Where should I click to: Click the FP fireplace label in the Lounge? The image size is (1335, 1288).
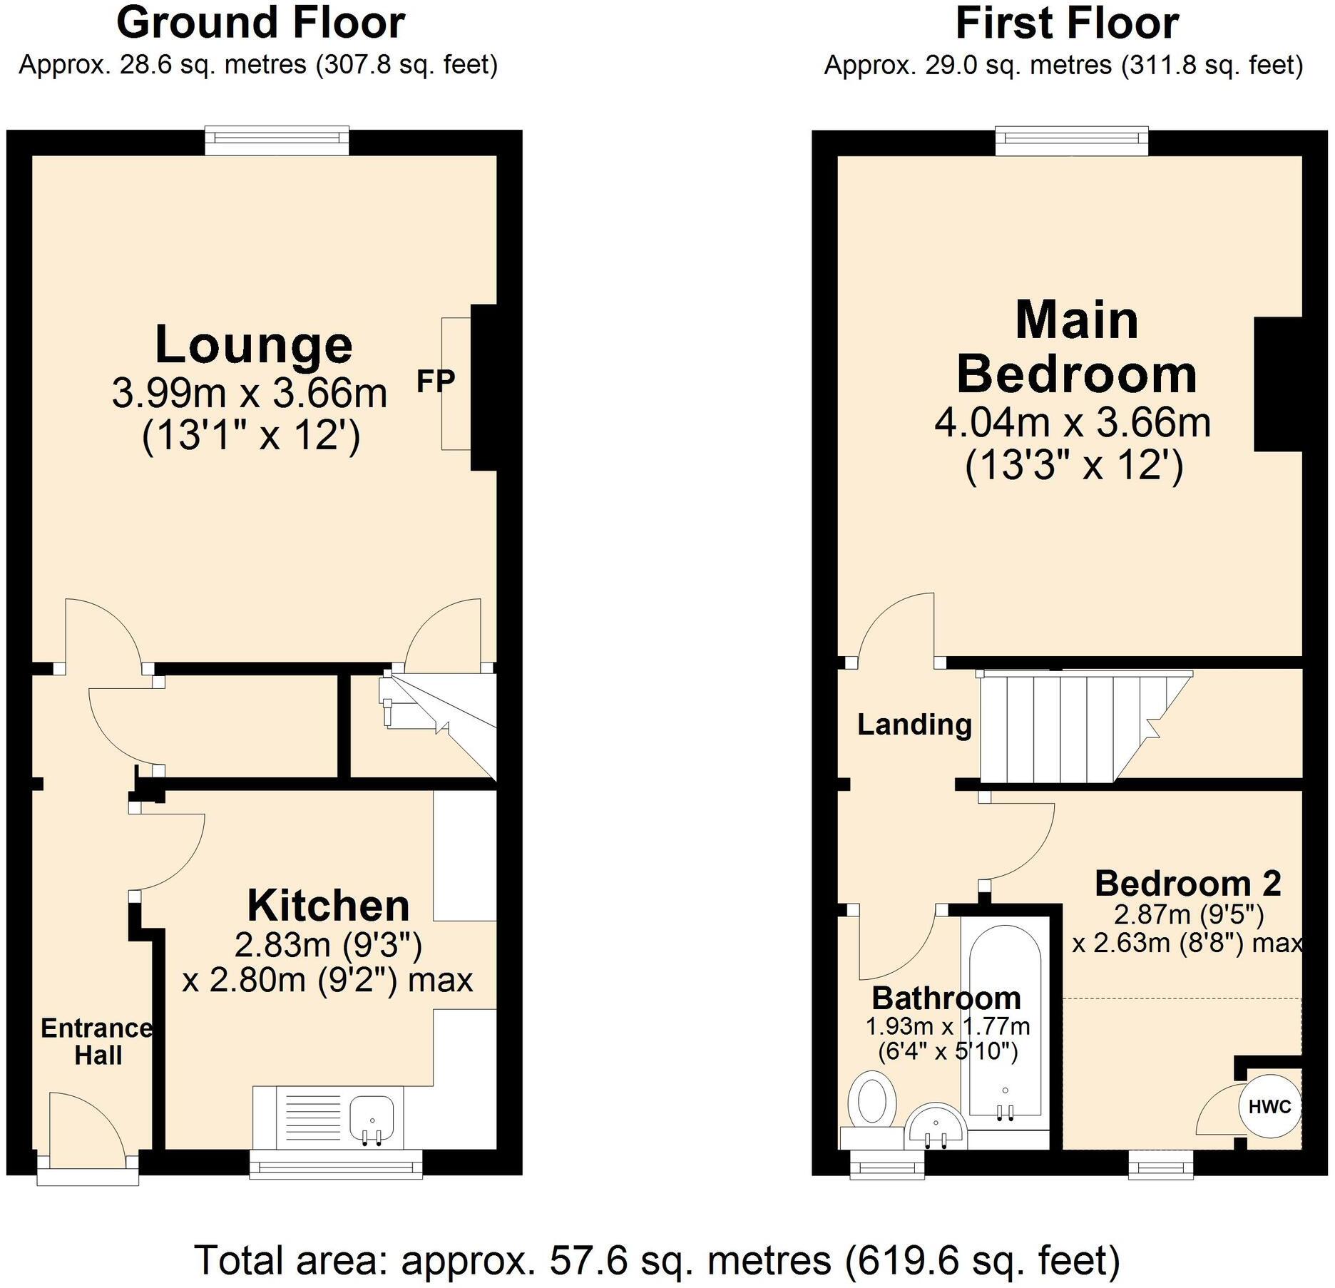(x=435, y=382)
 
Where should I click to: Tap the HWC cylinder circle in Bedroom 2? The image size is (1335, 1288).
(x=1269, y=1107)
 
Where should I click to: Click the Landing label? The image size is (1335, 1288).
(x=914, y=725)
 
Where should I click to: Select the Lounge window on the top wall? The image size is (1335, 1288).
(x=277, y=141)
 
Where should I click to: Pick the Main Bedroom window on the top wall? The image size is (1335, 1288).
(x=1072, y=141)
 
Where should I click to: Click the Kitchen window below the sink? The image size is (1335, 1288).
(x=336, y=1165)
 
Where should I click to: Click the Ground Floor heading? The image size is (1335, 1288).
(x=261, y=23)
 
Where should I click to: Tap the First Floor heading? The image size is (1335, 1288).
(x=1067, y=24)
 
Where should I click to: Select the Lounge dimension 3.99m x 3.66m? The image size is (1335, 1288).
(x=250, y=394)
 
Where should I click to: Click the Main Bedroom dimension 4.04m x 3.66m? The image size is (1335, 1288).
(x=1073, y=423)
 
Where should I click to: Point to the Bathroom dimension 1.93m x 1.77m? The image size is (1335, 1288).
(x=947, y=1027)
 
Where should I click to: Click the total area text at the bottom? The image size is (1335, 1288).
(x=657, y=1259)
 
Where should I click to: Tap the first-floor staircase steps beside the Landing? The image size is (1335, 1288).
(x=1063, y=727)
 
